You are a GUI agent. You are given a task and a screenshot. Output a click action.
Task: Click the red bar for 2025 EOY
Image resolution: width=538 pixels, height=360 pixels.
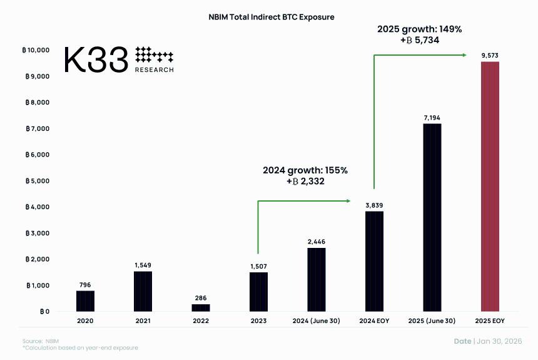[490, 187]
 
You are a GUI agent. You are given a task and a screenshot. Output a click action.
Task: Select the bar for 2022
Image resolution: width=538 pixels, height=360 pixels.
[201, 307]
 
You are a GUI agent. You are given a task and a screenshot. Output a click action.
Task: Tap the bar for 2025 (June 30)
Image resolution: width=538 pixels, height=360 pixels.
[432, 217]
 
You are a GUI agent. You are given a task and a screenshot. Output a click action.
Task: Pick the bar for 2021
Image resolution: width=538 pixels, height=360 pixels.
[143, 291]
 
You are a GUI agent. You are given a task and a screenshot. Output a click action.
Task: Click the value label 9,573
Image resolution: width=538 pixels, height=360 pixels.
[490, 56]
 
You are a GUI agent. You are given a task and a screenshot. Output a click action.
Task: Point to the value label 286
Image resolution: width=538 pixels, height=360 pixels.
[201, 298]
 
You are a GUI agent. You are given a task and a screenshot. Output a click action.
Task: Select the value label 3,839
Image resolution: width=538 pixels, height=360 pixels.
[375, 205]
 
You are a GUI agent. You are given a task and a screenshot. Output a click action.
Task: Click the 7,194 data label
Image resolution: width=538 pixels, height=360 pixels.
[432, 117]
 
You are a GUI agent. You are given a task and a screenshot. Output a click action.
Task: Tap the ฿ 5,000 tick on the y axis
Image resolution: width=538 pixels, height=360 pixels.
[38, 181]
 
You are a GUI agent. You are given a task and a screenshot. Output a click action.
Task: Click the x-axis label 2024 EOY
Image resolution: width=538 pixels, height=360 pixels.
[375, 321]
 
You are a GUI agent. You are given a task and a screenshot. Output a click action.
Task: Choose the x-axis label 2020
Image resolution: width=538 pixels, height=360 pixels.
[85, 321]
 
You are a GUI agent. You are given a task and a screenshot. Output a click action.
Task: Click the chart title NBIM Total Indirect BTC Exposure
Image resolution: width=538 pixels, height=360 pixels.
[271, 17]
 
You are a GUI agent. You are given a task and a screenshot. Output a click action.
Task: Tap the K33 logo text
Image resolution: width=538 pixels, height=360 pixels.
[96, 59]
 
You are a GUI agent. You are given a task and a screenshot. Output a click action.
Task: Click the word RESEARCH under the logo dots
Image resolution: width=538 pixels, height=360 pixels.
[155, 70]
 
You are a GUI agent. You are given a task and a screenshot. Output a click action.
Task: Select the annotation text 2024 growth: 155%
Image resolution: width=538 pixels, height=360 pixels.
[305, 170]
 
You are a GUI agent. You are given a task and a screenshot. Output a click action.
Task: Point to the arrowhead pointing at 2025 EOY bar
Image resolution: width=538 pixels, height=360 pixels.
[464, 55]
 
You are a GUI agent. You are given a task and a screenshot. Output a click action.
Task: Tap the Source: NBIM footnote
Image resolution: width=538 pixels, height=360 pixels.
[37, 341]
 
